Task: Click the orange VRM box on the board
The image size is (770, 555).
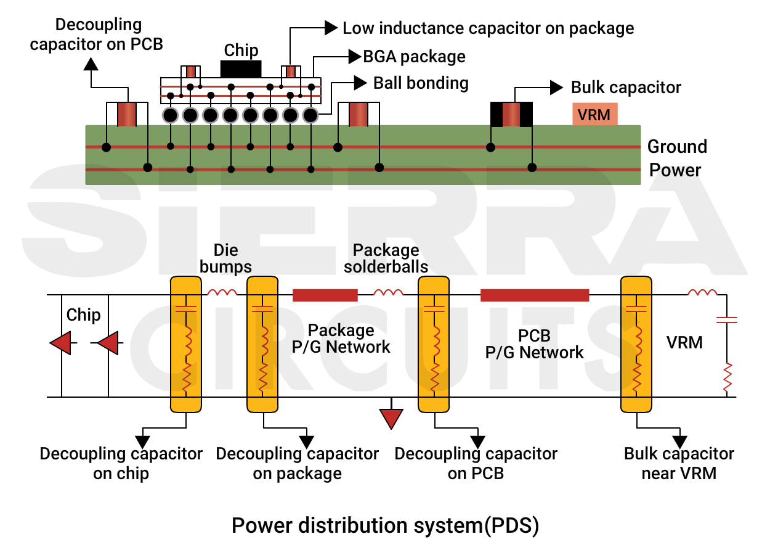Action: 594,114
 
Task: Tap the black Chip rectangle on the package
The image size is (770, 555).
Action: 241,68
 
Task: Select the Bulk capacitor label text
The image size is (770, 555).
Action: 625,88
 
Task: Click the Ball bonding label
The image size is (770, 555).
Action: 421,83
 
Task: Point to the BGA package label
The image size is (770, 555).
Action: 414,57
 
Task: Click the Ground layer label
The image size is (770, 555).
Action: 676,147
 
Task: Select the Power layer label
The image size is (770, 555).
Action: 675,170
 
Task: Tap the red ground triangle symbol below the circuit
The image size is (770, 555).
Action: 391,419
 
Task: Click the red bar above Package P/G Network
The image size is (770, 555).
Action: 325,295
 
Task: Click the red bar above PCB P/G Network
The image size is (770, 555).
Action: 535,295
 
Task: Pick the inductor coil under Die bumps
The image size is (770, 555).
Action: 222,292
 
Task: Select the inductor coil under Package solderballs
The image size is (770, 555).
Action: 389,292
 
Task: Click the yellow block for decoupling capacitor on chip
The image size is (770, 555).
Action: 186,344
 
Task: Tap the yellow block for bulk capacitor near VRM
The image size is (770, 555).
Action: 636,344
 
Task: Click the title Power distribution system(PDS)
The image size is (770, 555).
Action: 385,525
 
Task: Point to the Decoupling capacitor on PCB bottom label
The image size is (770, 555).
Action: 476,464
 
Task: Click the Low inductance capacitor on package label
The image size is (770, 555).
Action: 488,28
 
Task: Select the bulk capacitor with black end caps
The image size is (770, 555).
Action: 511,115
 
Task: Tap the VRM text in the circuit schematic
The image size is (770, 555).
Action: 684,342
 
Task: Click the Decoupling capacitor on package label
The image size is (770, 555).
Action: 297,464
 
